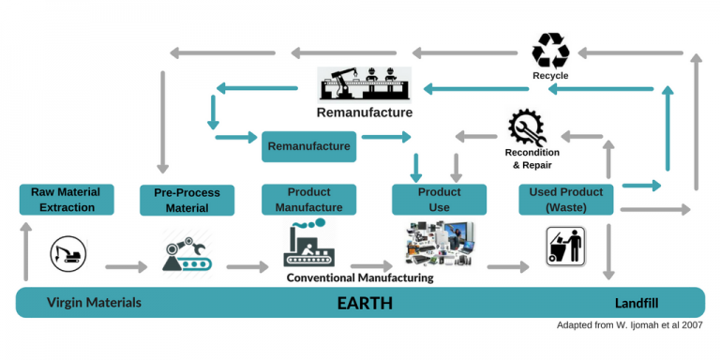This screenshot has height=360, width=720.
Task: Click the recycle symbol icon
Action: [550, 50]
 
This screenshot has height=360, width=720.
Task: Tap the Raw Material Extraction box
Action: [66, 199]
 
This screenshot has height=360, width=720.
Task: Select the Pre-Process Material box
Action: [187, 200]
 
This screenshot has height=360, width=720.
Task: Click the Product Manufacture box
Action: [308, 200]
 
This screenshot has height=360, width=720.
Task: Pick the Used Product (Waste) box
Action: [565, 199]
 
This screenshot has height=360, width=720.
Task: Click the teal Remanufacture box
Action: [308, 146]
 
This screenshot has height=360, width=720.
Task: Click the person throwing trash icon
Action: [566, 247]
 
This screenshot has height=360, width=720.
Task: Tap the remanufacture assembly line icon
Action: [365, 84]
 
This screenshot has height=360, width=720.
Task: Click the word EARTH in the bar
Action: [365, 304]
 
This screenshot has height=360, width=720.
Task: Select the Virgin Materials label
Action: [94, 303]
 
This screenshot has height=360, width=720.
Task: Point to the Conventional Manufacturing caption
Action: [360, 277]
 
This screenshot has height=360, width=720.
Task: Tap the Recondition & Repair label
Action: [532, 158]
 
